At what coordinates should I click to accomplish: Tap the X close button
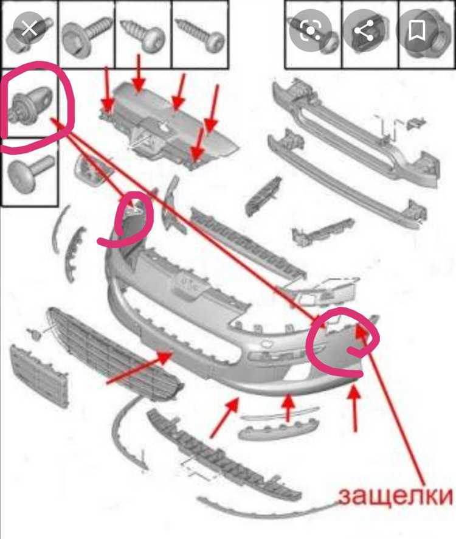(30, 29)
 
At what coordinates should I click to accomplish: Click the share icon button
(364, 31)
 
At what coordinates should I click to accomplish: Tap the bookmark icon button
(417, 30)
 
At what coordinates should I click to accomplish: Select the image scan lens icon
(310, 30)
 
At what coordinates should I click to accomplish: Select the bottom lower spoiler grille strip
(223, 457)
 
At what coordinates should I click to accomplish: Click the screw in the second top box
(86, 35)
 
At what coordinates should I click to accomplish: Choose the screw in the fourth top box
(199, 35)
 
